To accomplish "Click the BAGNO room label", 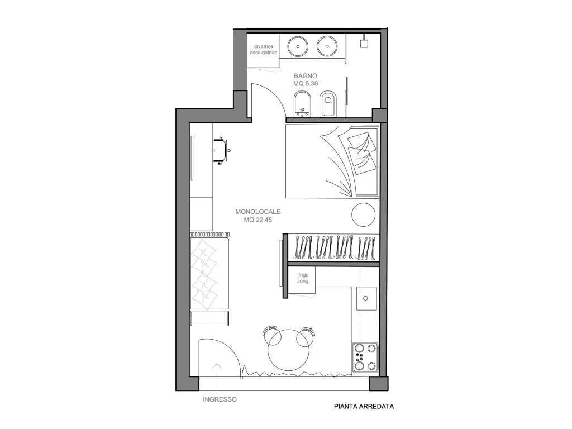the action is [306, 76].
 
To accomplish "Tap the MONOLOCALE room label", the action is [258, 212].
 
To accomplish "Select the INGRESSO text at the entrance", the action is [220, 399].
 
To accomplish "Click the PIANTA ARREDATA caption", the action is [364, 407].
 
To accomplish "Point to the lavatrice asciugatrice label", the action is [264, 50].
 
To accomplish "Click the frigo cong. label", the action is [303, 278].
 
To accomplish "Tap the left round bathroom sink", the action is [298, 46].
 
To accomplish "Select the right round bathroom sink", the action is [327, 46].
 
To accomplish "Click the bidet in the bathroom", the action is [302, 104].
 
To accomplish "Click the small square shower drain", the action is [364, 44].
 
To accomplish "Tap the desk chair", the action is [222, 151].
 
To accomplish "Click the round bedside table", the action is [363, 214].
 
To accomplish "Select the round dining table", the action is [289, 350].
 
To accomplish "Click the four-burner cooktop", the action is [365, 357].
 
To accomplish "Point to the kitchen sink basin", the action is [366, 298].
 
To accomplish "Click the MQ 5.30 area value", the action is [306, 84].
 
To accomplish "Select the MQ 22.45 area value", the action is [258, 220].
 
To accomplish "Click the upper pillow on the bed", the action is [362, 142].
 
